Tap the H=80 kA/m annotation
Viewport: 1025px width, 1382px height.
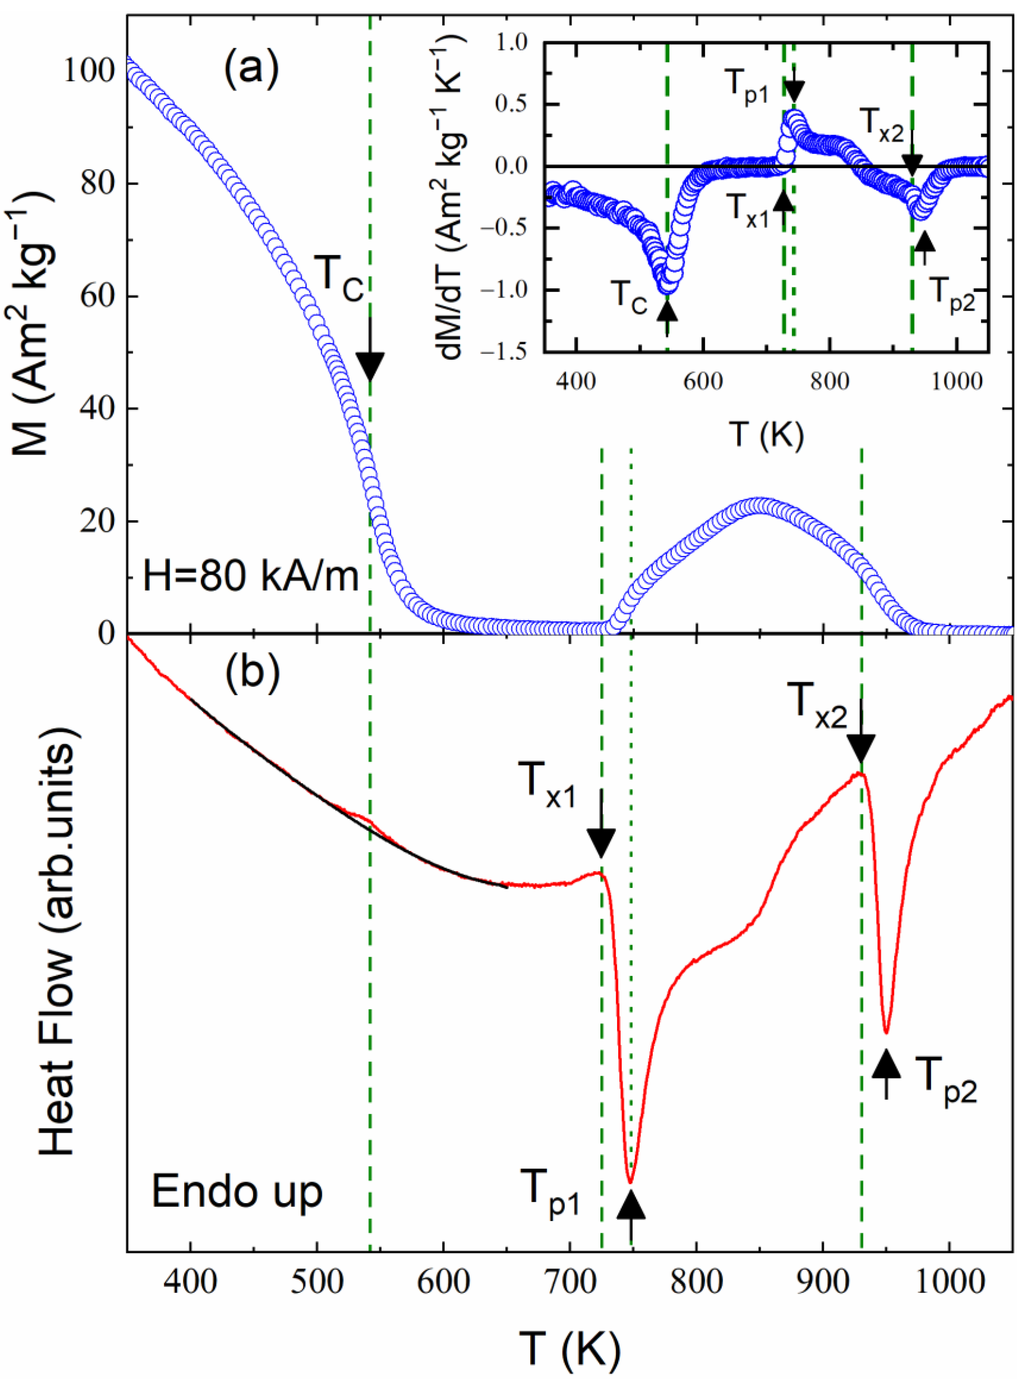click(251, 576)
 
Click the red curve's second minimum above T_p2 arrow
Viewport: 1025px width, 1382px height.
click(886, 1032)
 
